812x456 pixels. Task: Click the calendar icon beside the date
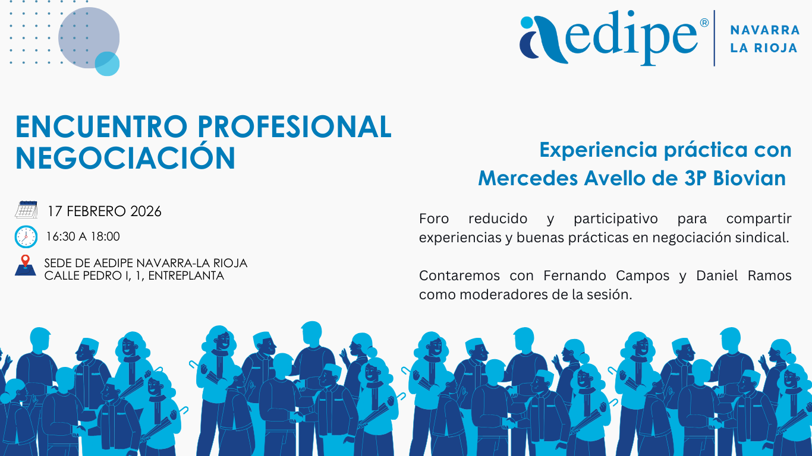coord(26,210)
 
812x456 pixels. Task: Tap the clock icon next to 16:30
coord(26,237)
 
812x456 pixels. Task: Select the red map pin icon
coord(26,261)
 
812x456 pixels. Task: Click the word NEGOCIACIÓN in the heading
coord(125,157)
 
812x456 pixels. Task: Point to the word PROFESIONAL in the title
coord(294,127)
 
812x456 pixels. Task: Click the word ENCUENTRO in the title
coord(102,127)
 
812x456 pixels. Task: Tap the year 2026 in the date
coord(146,211)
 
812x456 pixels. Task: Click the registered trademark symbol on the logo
coord(704,23)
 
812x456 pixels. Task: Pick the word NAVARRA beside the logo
coord(765,30)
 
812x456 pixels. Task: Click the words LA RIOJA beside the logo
coord(764,48)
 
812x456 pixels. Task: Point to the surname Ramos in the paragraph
coord(770,275)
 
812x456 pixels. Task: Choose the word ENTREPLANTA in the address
coord(186,275)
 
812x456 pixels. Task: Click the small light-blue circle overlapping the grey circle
coord(108,64)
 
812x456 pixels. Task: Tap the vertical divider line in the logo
coord(715,38)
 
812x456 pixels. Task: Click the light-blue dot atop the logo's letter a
coord(527,22)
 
